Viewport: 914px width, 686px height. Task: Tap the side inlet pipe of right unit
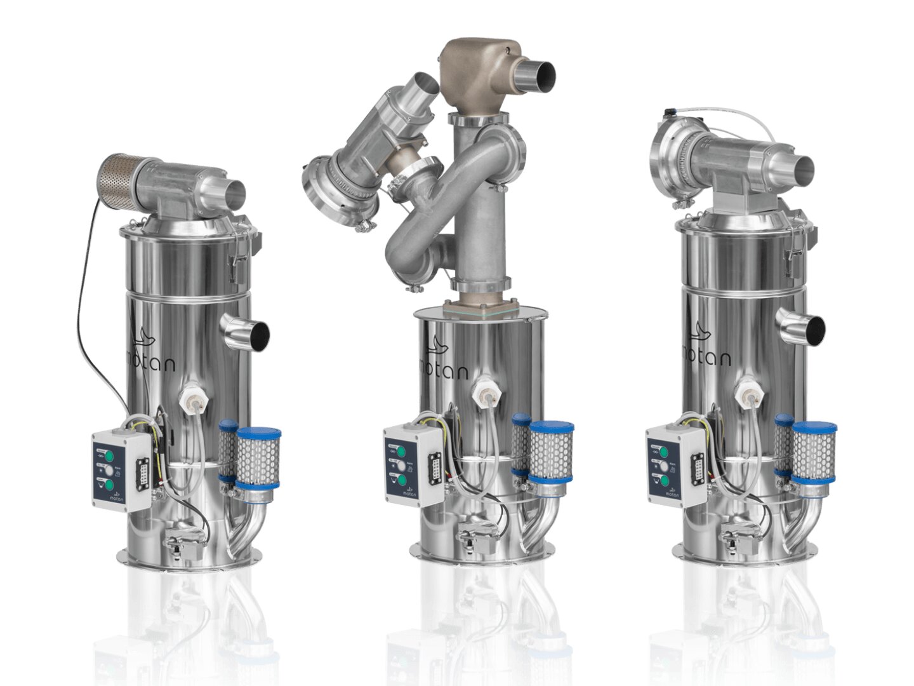pyautogui.click(x=806, y=328)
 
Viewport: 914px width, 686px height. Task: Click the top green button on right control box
pyautogui.click(x=663, y=452)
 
